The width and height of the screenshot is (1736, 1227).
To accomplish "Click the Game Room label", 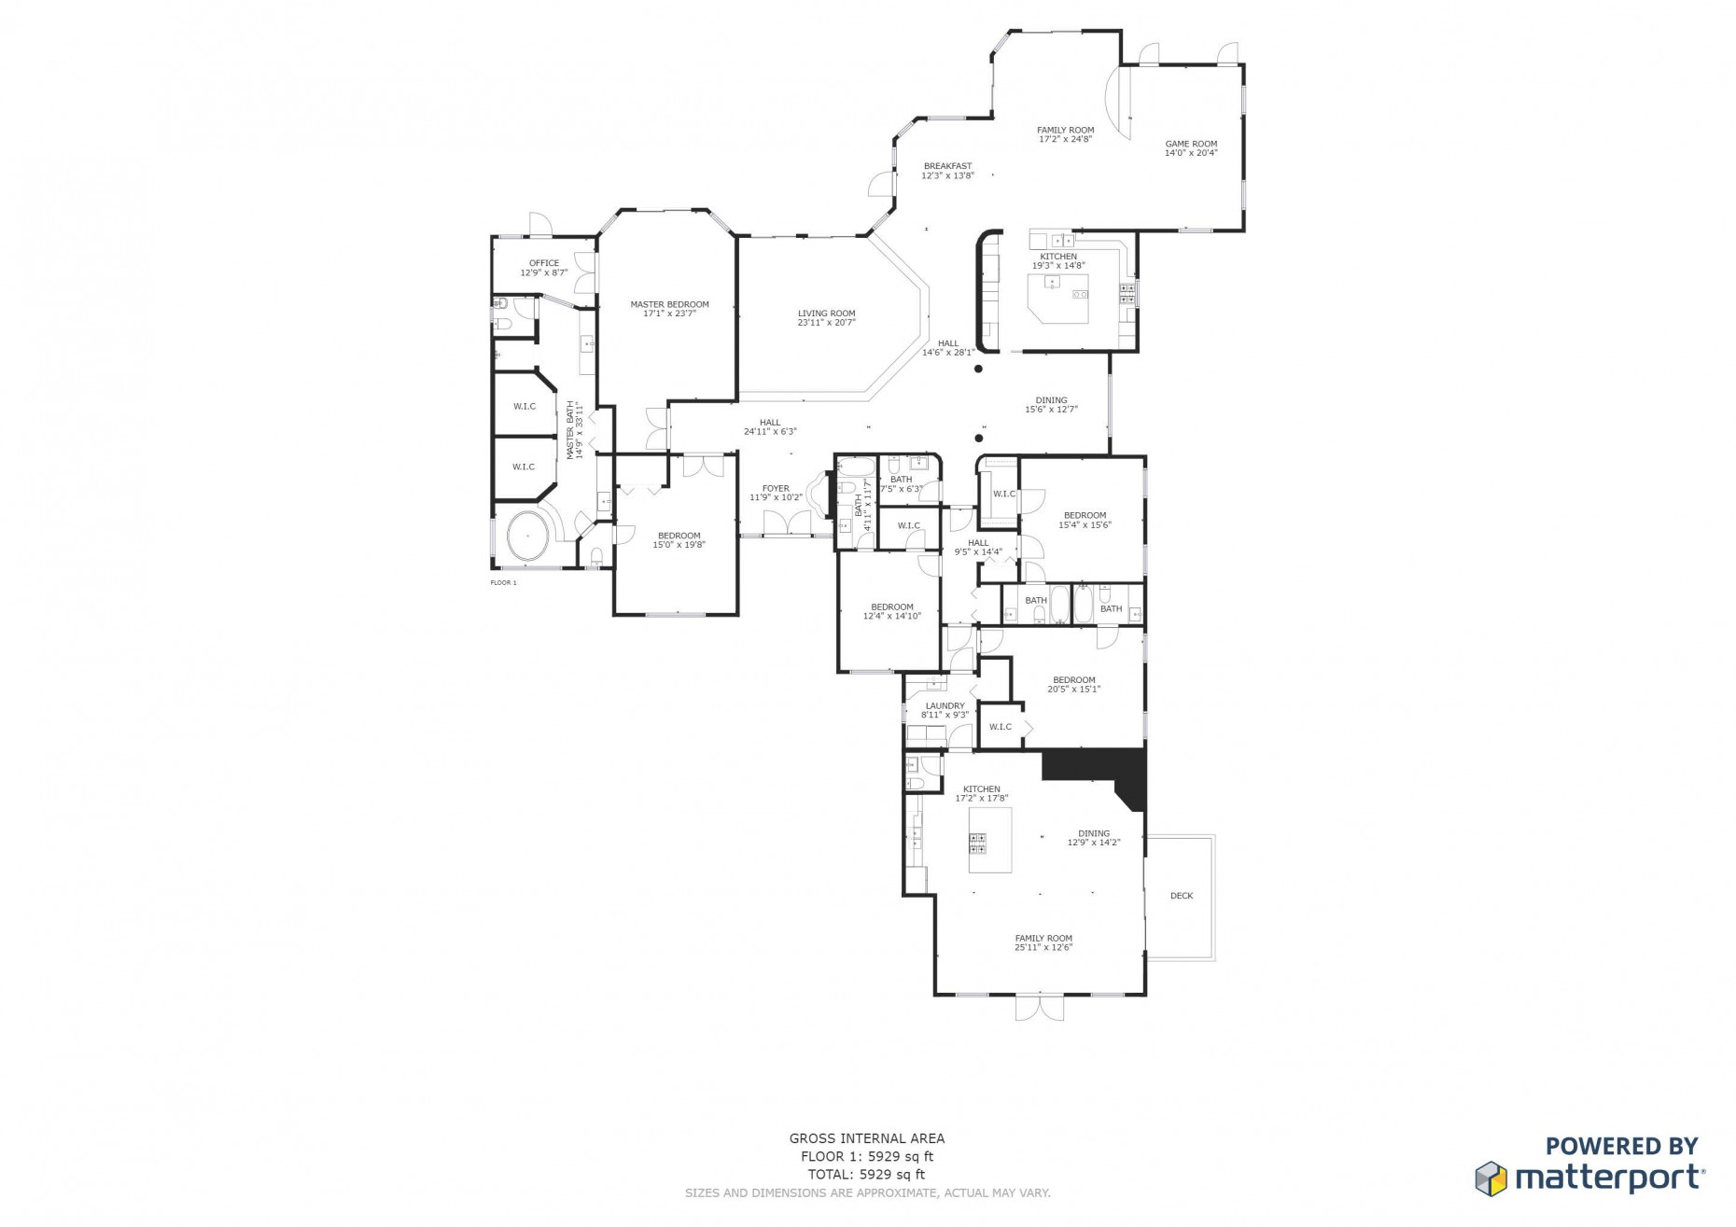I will click(1190, 145).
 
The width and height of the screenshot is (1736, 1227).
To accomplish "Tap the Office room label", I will click(544, 263).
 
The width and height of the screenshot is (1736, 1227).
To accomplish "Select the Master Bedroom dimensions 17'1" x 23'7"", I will click(669, 314).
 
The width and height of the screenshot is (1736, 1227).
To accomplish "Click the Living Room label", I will click(826, 314).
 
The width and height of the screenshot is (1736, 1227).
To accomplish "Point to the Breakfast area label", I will click(947, 166).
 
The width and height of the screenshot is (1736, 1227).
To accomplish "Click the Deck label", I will click(1181, 896).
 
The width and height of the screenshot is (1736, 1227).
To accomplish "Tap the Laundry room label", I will click(945, 706).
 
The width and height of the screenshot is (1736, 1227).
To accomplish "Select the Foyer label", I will click(776, 489).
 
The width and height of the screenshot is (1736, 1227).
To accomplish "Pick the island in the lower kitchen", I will click(989, 840).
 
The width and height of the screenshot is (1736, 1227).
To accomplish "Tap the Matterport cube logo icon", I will click(1491, 1178).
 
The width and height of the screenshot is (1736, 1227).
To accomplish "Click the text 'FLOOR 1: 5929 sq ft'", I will click(866, 1156).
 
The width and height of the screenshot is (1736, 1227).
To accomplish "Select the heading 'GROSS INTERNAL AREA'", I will click(866, 1138).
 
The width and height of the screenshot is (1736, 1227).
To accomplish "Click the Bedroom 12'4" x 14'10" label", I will click(891, 607).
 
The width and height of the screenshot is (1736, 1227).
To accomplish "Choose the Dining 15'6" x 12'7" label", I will click(1051, 400).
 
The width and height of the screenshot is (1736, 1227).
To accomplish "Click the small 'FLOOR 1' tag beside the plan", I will click(503, 582).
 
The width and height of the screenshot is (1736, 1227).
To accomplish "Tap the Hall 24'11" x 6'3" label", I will click(769, 423).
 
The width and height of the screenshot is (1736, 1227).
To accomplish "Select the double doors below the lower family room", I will click(1039, 1008).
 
